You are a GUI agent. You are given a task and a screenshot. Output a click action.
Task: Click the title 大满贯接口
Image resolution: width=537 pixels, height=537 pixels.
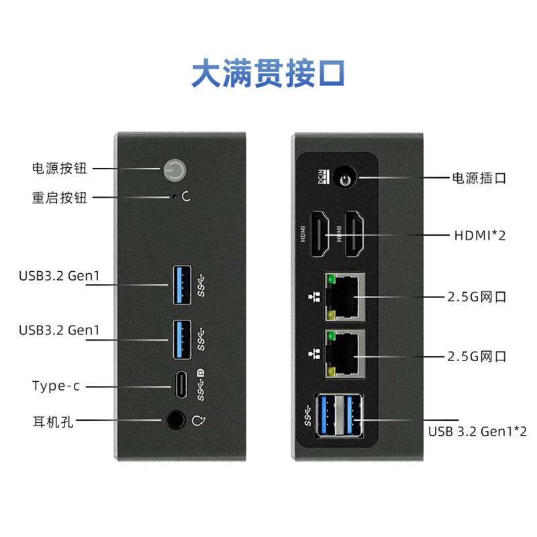point(268,74)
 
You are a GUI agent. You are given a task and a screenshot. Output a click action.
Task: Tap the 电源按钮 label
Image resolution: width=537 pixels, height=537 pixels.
point(60,168)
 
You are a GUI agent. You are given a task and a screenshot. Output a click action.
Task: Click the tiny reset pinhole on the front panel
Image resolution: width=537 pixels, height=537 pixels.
point(175,197)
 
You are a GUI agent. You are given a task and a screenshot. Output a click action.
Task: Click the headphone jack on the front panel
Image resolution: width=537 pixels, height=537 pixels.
point(175,421)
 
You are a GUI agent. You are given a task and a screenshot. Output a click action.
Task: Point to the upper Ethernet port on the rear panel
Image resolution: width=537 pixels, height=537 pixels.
point(345,296)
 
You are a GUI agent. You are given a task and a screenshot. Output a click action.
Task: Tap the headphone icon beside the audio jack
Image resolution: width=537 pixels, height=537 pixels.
point(198,421)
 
